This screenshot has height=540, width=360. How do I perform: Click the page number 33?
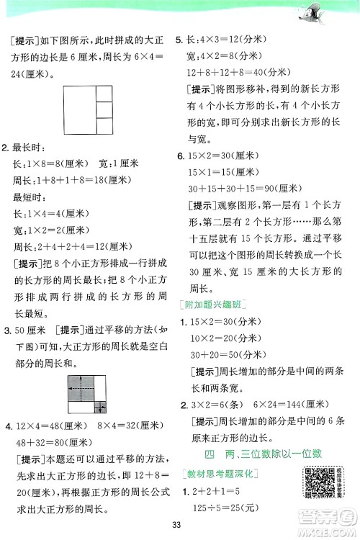click(x=179, y=525)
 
